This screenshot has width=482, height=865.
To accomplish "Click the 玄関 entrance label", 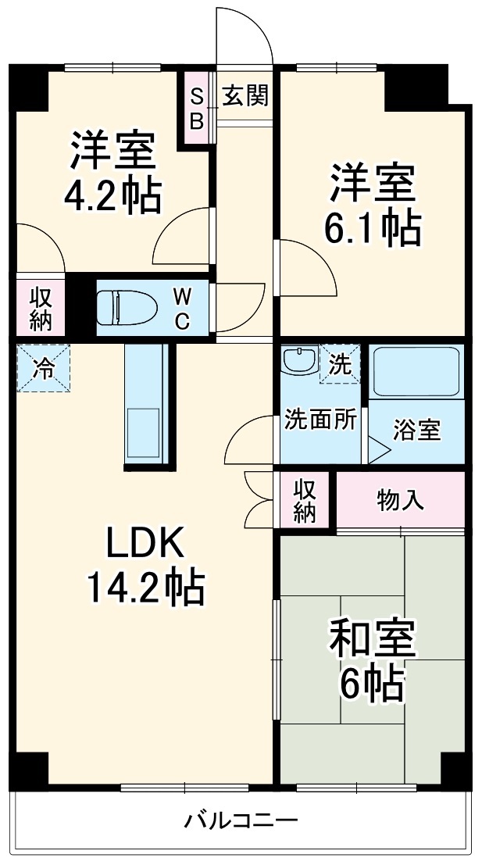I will coord(245,95).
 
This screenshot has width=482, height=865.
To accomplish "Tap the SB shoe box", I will coord(196,109).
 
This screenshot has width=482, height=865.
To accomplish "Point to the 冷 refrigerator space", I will coord(44,367).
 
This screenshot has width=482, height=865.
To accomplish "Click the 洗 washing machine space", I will coord(340,364).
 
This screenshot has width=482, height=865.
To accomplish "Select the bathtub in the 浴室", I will coord(416,372).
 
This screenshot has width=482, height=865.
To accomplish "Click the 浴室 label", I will coord(416,430).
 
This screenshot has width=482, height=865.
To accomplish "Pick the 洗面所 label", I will coord(320,420).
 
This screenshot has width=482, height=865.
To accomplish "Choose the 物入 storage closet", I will coord(400,500).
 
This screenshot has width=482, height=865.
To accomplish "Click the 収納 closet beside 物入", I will coord(305,500).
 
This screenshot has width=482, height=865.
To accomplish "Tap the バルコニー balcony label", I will coord(241,821).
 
